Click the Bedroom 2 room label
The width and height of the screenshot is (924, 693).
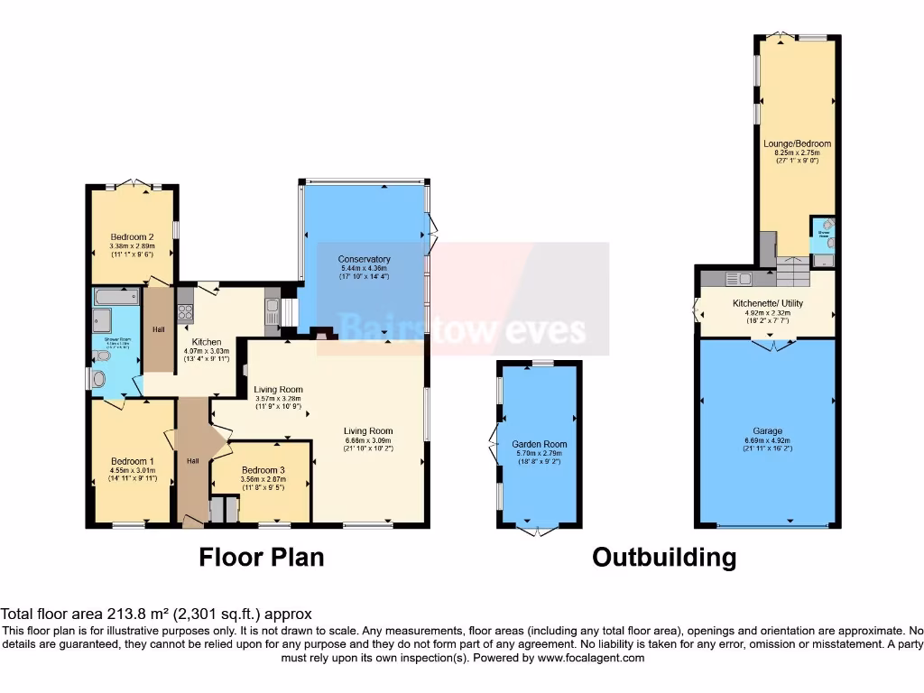(x=132, y=236)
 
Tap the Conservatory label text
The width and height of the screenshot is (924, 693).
(x=365, y=259)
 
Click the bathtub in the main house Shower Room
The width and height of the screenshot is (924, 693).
(x=115, y=296)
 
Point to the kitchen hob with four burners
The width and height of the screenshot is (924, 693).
(x=186, y=312)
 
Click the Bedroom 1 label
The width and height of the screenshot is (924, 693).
(x=132, y=461)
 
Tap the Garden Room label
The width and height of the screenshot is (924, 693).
(x=539, y=444)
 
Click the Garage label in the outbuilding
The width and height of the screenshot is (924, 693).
(x=768, y=431)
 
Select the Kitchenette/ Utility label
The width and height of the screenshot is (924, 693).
(x=768, y=303)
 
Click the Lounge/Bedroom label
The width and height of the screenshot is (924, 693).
(x=797, y=143)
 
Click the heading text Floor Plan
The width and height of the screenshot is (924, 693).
(x=261, y=557)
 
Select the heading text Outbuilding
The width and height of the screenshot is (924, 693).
(x=663, y=557)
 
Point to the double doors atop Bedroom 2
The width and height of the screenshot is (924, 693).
(x=134, y=184)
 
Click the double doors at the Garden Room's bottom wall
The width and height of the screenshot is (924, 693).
(x=539, y=531)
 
